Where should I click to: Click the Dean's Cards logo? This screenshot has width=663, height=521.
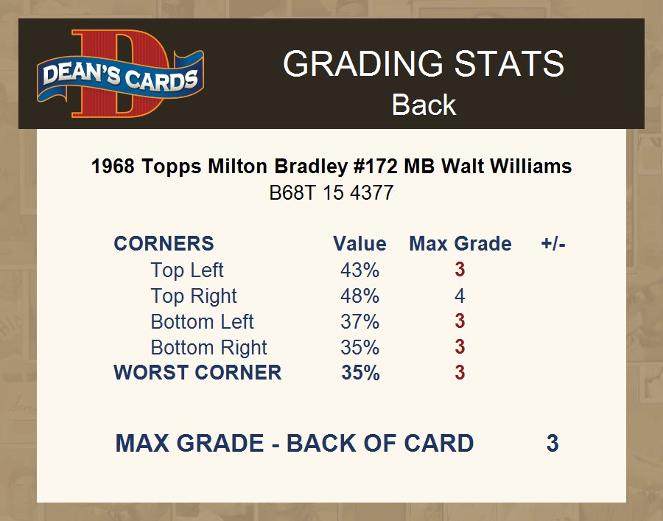(x=121, y=74)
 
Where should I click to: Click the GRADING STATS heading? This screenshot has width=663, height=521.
(x=424, y=63)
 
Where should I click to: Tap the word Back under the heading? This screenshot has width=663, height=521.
(x=424, y=105)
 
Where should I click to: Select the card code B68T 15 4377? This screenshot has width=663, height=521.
(x=331, y=193)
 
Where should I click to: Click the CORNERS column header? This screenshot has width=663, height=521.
(x=164, y=244)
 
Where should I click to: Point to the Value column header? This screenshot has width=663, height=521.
(x=359, y=244)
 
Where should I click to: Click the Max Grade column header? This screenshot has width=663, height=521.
(x=460, y=244)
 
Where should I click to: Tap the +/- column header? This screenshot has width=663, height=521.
(x=553, y=244)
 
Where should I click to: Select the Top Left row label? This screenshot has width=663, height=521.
(x=187, y=270)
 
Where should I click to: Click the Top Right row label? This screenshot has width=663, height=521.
(x=194, y=296)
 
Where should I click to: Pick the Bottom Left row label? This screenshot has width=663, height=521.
(x=202, y=322)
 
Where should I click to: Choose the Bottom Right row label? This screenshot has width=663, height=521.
(x=209, y=348)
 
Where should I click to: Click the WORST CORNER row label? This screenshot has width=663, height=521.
(x=197, y=373)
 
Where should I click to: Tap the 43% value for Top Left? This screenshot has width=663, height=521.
(x=359, y=270)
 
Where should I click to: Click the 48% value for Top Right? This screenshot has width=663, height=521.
(x=359, y=296)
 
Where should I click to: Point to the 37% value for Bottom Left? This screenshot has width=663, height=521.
(x=359, y=322)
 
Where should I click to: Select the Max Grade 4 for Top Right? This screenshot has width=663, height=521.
(x=460, y=296)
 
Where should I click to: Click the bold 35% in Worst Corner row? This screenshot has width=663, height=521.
(x=360, y=373)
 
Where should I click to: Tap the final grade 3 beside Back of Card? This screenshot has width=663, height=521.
(x=552, y=443)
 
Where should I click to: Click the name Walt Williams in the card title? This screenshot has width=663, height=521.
(x=507, y=167)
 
